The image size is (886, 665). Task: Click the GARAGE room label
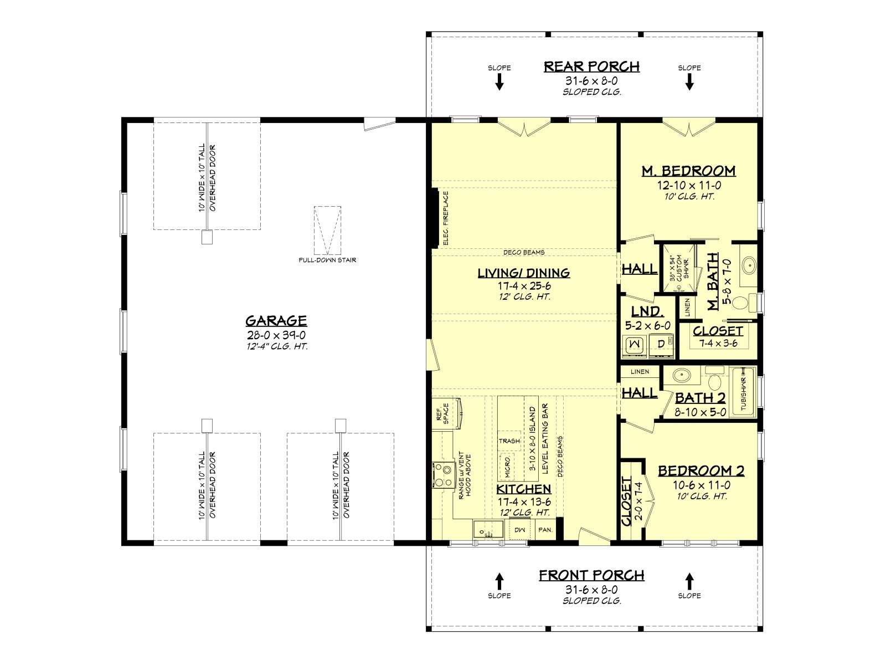pyautogui.click(x=276, y=321)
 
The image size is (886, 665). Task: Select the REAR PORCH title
pyautogui.click(x=592, y=66)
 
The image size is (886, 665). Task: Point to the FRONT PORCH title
pyautogui.click(x=592, y=575)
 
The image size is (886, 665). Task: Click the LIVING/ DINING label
pyautogui.click(x=524, y=273)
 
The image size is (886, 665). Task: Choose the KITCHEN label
pyautogui.click(x=523, y=489)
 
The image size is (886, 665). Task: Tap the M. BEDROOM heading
pyautogui.click(x=689, y=171)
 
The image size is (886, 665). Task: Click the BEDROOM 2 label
pyautogui.click(x=702, y=471)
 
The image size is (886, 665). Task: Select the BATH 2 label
pyautogui.click(x=700, y=398)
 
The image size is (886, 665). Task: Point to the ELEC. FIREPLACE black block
pyautogui.click(x=436, y=218)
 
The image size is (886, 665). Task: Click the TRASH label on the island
pyautogui.click(x=509, y=441)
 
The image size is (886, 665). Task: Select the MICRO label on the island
pyautogui.click(x=507, y=467)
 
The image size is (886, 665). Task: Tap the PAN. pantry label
pyautogui.click(x=545, y=529)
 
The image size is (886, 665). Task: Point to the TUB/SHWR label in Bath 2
pyautogui.click(x=744, y=390)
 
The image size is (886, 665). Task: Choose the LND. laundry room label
pyautogui.click(x=648, y=311)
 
